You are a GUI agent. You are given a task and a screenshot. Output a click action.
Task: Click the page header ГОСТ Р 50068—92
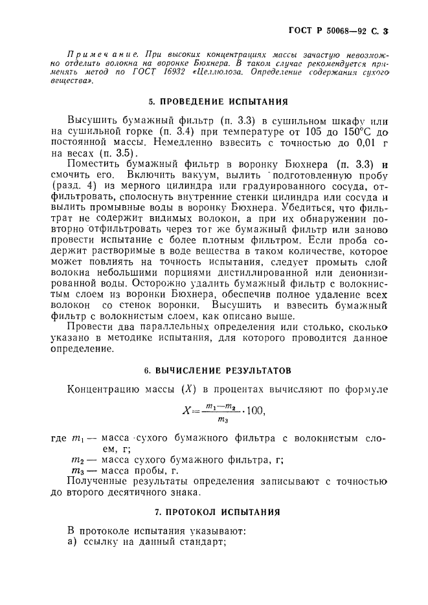click(344, 30)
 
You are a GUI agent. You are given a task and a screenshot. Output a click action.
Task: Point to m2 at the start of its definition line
click(78, 460)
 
